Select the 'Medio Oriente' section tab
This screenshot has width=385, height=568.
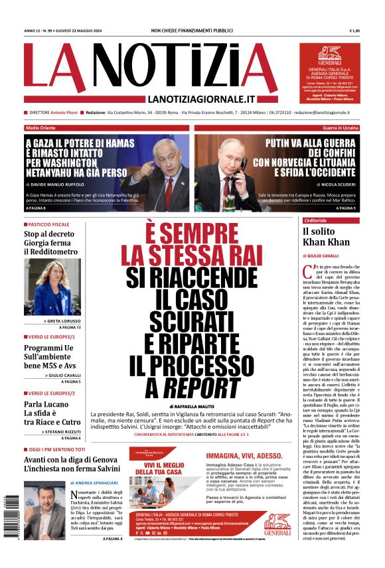tap(41, 127)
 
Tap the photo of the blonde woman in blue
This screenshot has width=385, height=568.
tap(52, 287)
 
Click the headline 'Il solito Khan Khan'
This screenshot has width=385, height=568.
tap(326, 236)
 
